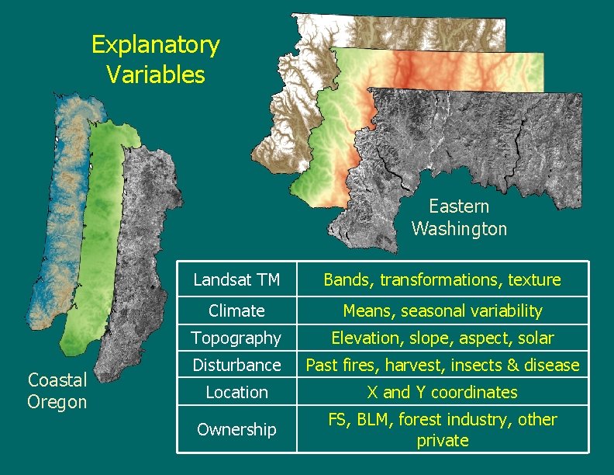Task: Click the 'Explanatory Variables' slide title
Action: coord(155,59)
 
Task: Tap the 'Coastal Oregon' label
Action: coord(57,390)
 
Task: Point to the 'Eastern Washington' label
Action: coord(459,217)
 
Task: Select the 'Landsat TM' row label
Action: coord(236,279)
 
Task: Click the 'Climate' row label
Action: coord(236,311)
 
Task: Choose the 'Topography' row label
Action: coord(236,338)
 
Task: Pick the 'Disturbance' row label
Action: coord(236,365)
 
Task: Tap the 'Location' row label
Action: coord(236,393)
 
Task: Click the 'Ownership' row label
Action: coord(236,429)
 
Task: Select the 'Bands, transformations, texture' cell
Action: coord(442,279)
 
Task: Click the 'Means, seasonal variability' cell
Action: coord(442,311)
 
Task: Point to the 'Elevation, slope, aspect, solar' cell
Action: coord(442,338)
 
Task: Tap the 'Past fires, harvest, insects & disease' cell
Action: coord(442,365)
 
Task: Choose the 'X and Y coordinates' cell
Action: coord(442,393)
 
